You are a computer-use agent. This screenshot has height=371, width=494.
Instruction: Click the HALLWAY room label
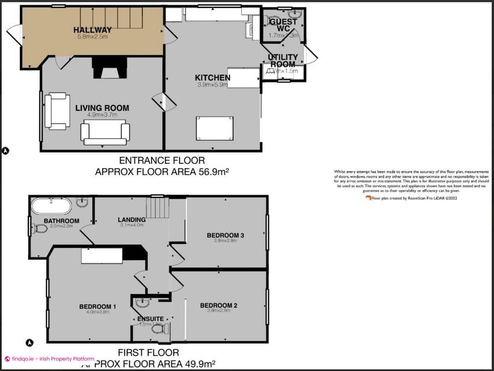coord(92,30)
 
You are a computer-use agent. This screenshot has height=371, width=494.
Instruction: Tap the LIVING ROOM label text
coord(102,108)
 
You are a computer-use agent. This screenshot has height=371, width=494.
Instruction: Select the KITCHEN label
coord(212,78)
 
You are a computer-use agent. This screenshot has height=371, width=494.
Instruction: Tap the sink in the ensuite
coord(143,303)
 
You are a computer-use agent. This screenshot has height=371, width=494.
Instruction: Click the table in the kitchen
coord(215,129)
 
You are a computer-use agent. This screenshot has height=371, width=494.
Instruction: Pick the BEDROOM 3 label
coord(225,235)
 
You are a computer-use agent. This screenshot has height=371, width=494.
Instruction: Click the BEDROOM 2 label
coord(219,306)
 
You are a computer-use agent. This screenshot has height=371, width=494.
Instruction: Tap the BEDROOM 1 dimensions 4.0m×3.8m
coord(98,312)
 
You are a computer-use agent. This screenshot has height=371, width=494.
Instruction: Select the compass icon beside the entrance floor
coord(6,151)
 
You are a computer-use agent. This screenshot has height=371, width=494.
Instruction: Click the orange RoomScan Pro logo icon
coord(368,198)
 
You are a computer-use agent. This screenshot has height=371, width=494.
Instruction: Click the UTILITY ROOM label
coord(283,60)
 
